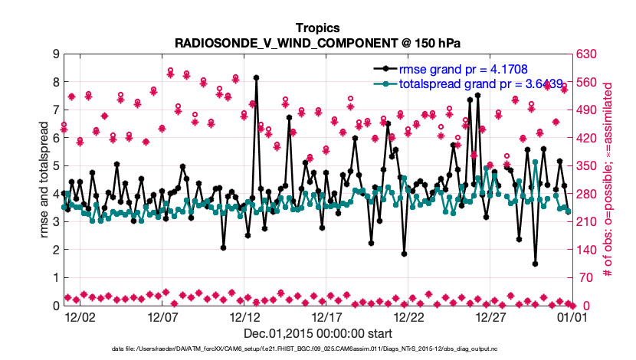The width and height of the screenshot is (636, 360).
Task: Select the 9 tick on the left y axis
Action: pyautogui.click(x=55, y=54)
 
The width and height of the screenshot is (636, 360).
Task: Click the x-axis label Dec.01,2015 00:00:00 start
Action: pyautogui.click(x=318, y=333)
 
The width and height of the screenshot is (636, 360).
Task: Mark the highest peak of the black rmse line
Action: pyautogui.click(x=256, y=77)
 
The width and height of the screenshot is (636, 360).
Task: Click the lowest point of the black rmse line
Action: pyautogui.click(x=535, y=263)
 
